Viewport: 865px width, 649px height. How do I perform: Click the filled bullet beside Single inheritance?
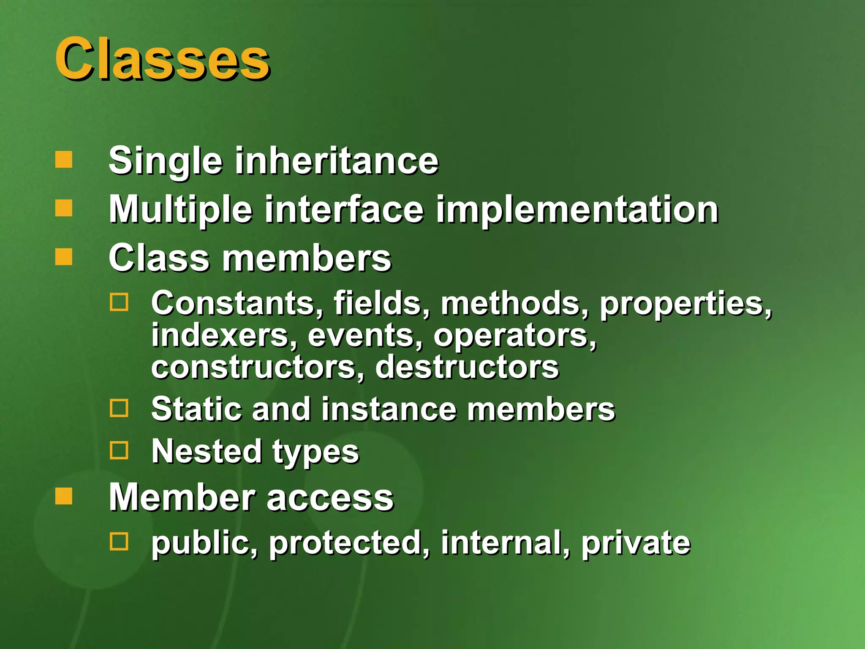point(64,160)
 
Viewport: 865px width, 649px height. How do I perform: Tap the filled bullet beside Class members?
point(64,256)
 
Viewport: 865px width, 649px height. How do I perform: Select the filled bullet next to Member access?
point(64,496)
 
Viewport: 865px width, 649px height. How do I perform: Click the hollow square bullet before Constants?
point(119,302)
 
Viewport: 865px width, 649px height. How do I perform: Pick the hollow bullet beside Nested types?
point(119,450)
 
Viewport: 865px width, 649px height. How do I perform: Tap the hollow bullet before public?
point(119,541)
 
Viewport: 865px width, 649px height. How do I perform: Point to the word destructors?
point(467,367)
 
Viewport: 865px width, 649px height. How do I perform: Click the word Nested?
point(207,451)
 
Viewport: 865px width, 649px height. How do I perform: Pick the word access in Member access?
point(330,498)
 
